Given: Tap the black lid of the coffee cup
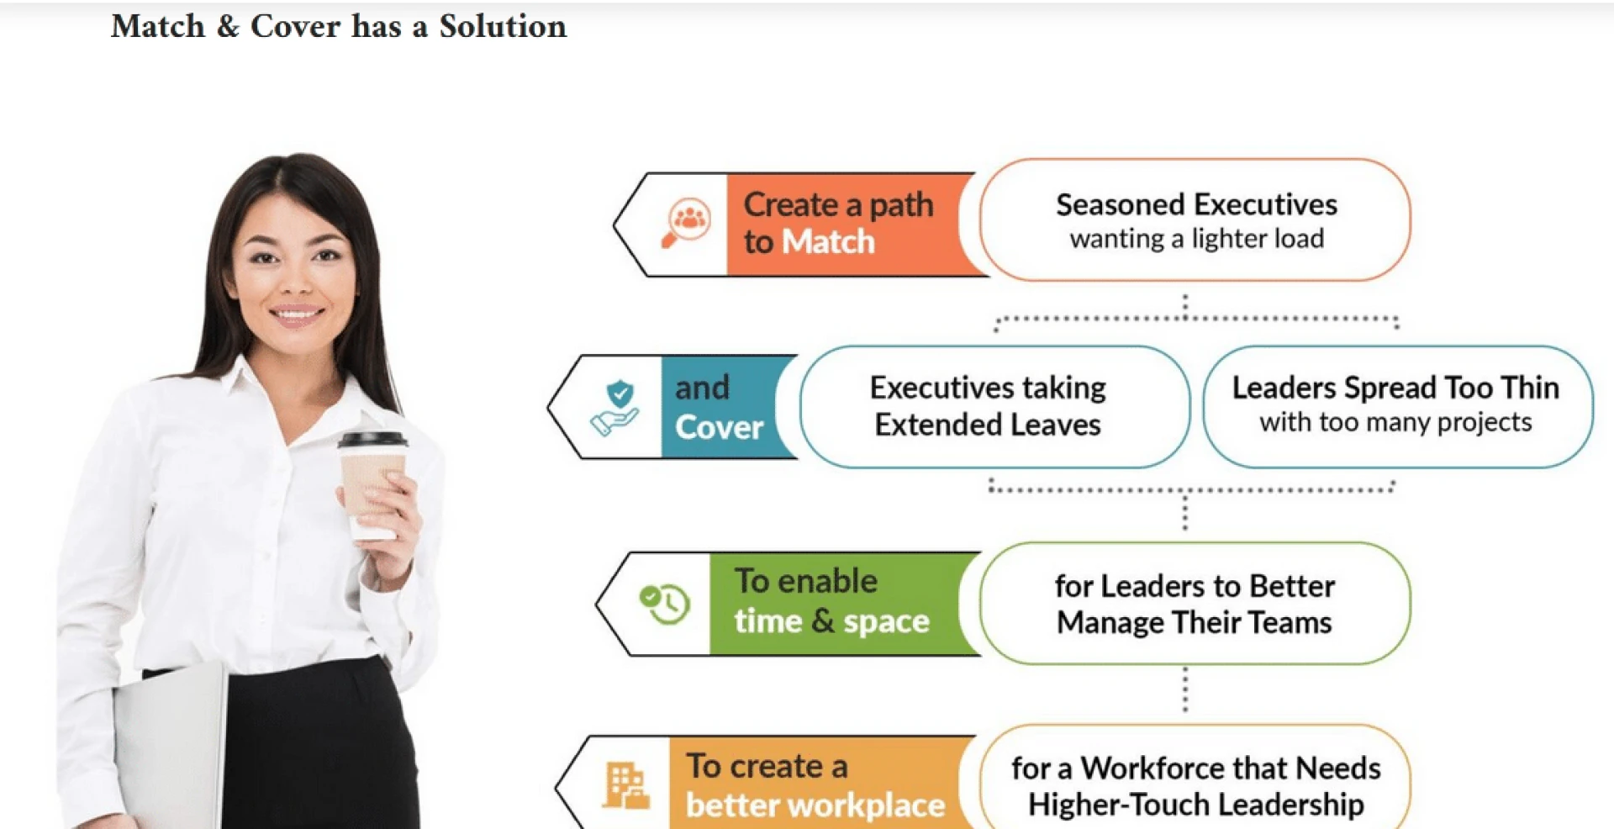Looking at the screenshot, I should (372, 440).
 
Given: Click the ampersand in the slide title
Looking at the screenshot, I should (228, 27).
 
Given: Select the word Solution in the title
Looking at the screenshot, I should (503, 27).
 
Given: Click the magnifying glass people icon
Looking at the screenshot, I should (686, 223).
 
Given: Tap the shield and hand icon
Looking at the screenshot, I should (616, 407).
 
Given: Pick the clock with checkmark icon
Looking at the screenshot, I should (664, 603).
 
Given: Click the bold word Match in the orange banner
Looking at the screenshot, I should (829, 242).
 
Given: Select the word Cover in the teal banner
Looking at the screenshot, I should (719, 427).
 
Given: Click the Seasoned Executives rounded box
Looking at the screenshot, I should (1195, 220).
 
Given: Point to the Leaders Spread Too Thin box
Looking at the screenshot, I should (1396, 406).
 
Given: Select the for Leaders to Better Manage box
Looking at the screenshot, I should (1195, 603).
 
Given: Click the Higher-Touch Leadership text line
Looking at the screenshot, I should (1195, 805).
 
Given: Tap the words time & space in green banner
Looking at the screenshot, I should (831, 621).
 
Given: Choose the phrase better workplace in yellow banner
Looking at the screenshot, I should (815, 805).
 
